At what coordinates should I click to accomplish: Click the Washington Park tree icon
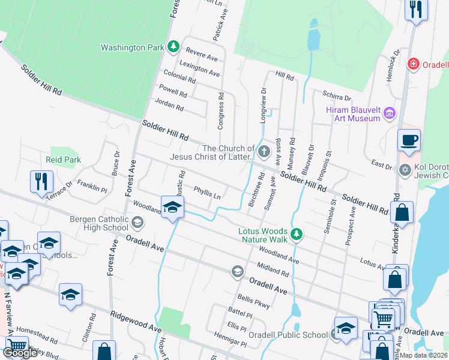point(173,46)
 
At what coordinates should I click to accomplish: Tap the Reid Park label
point(63,160)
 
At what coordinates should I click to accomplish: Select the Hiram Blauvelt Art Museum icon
point(390,113)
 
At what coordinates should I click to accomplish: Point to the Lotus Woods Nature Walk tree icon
point(295,234)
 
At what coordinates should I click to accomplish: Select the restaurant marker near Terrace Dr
point(41,181)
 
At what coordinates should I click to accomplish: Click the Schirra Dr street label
point(336,96)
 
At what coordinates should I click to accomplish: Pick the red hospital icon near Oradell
point(412,64)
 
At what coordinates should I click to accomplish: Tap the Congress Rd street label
point(221,110)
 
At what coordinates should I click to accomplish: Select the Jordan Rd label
point(169,106)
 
